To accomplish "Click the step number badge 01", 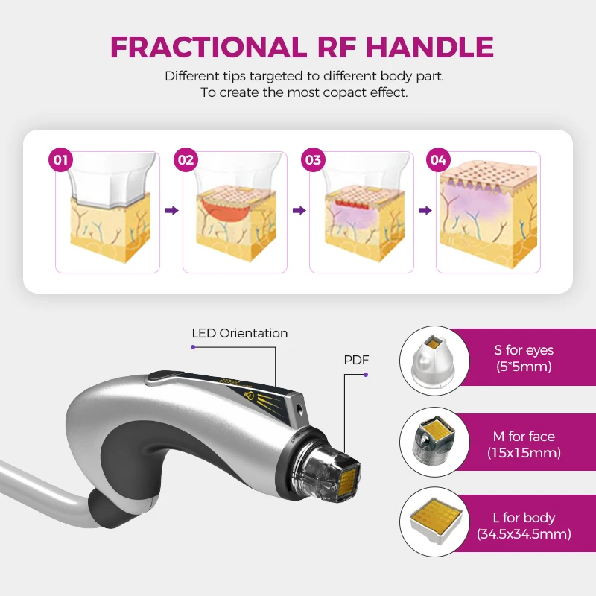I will [x=61, y=159].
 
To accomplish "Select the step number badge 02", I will [x=186, y=159].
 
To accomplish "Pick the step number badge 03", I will [x=313, y=159].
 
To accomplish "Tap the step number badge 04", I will [x=439, y=159].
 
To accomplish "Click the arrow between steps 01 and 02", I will [x=171, y=211].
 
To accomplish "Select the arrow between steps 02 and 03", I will [x=298, y=211].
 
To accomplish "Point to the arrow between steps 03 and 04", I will [x=425, y=211].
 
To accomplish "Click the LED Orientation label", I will [x=239, y=333].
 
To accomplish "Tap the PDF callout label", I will [x=356, y=360].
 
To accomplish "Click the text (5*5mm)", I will [x=524, y=366].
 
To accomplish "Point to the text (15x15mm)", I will [x=524, y=452].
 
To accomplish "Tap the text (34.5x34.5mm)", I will [x=524, y=534].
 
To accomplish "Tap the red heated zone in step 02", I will [x=223, y=209].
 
